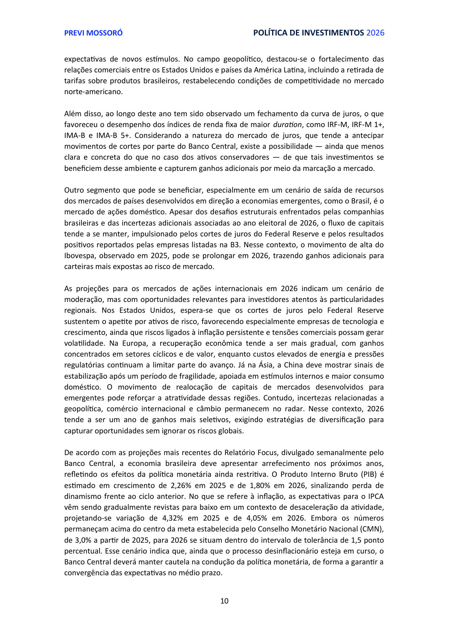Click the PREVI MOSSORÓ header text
[x=93, y=33]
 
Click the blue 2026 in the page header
[x=375, y=33]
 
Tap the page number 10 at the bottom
[x=224, y=601]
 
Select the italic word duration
[x=287, y=125]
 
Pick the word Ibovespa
[x=80, y=256]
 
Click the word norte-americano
[x=93, y=92]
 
